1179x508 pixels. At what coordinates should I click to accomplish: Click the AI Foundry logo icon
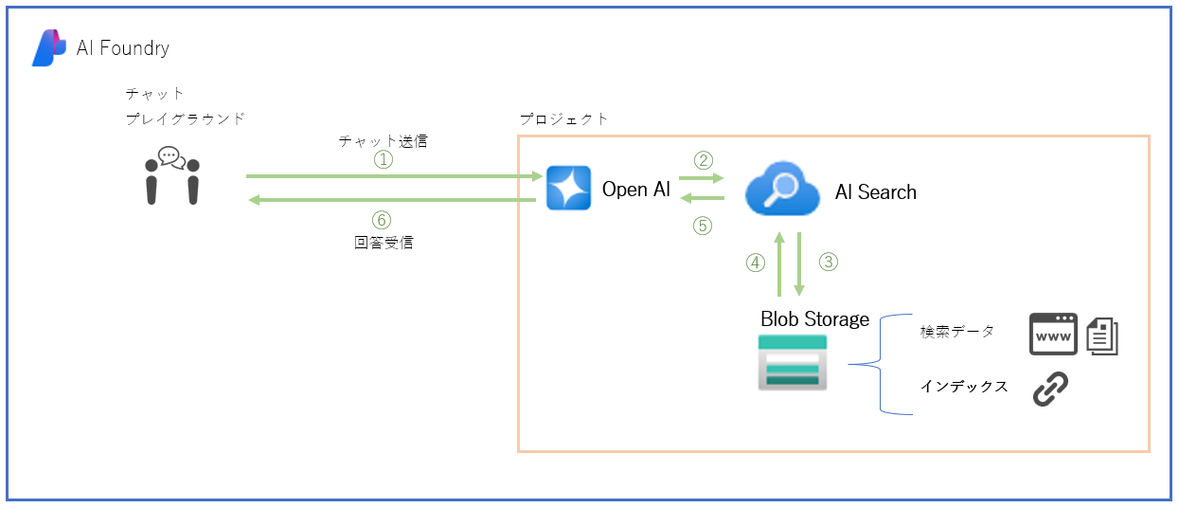49,48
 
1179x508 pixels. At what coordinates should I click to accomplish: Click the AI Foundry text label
123,48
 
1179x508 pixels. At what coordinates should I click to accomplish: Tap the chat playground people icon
172,175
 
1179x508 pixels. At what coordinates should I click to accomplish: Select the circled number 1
384,159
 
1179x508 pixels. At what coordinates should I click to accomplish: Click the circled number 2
704,160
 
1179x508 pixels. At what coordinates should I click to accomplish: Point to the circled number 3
829,262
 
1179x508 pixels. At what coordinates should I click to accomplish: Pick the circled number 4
756,263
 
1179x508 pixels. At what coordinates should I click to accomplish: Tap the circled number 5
702,227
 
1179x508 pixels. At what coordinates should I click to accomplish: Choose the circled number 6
382,220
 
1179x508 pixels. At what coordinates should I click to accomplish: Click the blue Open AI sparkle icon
568,188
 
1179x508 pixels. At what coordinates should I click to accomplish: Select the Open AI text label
635,190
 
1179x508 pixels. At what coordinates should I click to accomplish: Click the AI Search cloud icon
782,189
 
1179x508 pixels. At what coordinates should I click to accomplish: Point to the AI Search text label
876,192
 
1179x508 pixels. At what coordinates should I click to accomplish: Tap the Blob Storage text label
814,319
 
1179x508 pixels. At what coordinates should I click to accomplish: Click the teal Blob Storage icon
792,363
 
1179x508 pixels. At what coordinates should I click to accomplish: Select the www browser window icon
1053,335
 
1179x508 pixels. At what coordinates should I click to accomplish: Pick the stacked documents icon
1102,336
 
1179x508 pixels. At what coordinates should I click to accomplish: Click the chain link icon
1050,389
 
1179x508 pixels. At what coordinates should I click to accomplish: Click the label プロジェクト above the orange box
563,119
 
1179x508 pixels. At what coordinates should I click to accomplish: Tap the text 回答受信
384,243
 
